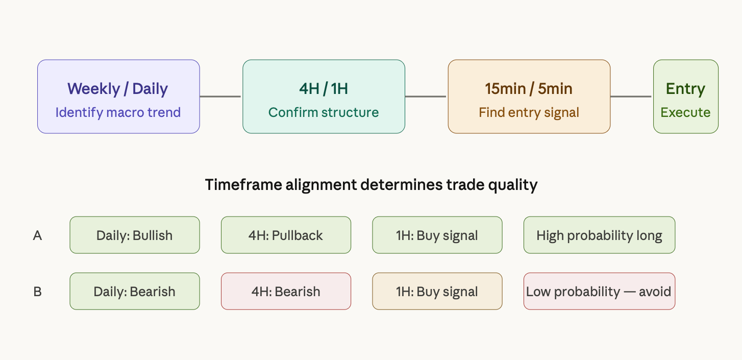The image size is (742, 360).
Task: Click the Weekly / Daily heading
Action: [x=117, y=89]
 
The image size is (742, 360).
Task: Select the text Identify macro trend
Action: [x=118, y=112]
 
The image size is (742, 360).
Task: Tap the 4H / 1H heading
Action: [x=324, y=89]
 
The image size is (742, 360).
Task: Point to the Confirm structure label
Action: [x=324, y=112]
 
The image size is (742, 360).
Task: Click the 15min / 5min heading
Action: [x=529, y=89]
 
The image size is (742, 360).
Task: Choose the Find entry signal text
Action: [x=529, y=112]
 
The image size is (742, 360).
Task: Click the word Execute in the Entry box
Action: [x=685, y=112]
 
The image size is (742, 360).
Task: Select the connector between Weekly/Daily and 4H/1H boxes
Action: [x=220, y=97]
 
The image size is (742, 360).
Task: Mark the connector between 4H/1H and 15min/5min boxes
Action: [x=426, y=97]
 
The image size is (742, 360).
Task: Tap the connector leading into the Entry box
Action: [x=631, y=97]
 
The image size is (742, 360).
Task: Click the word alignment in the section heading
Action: [x=321, y=185]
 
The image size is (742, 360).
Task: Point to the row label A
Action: [x=37, y=235]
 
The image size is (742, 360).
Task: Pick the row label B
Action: [x=37, y=292]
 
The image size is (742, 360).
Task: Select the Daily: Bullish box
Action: [x=135, y=235]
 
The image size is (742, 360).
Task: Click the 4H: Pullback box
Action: [x=286, y=235]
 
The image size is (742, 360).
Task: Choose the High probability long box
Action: [x=599, y=235]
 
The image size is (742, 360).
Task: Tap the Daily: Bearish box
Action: [x=135, y=292]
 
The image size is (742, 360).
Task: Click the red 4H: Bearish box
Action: [x=286, y=292]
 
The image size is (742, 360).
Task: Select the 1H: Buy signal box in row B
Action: [x=437, y=292]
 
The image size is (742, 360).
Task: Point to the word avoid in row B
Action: [x=655, y=292]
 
